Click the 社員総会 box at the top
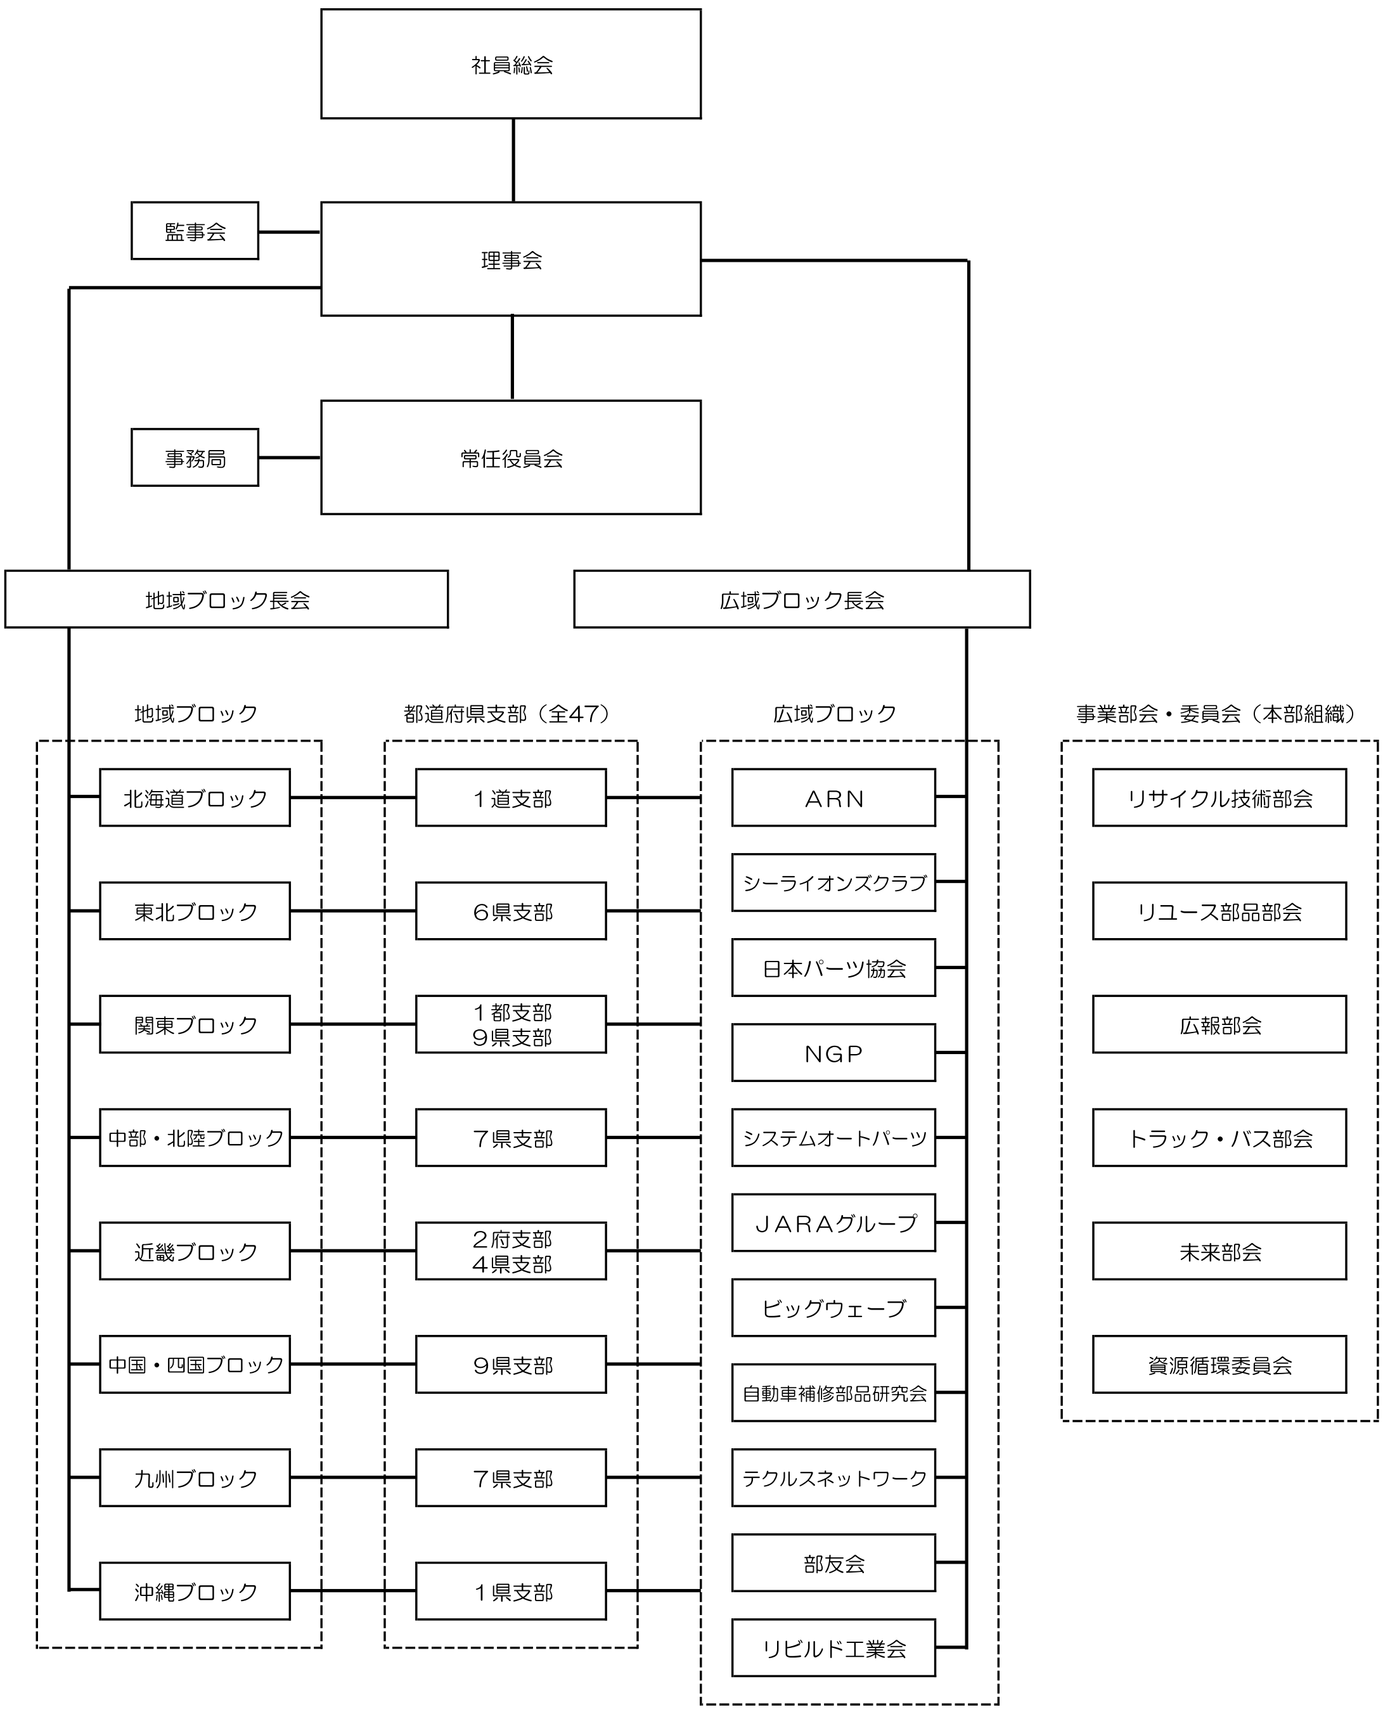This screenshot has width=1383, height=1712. (511, 64)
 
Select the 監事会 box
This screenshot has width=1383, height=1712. (195, 231)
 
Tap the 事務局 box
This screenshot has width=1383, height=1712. (195, 457)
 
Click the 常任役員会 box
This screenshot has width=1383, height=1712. (511, 457)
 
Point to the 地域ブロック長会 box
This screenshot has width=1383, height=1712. (226, 599)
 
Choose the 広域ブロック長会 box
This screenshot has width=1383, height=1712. (801, 599)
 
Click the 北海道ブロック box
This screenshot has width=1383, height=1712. (195, 797)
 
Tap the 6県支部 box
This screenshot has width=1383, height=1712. (511, 911)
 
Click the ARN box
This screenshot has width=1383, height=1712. (833, 797)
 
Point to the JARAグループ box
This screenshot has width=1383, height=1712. (833, 1223)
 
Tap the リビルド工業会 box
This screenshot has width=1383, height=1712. (833, 1648)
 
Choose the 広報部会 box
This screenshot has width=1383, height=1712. (1219, 1024)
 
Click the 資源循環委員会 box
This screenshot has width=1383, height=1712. (1219, 1365)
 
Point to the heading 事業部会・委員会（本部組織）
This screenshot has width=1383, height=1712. (1216, 714)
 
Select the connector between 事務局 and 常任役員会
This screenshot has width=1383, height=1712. (289, 457)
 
